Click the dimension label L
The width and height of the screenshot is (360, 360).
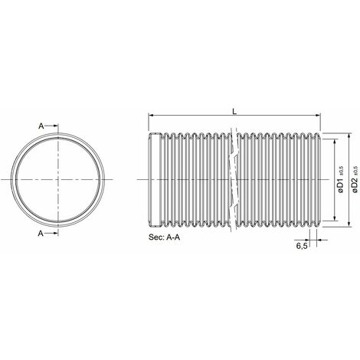(x=234, y=111)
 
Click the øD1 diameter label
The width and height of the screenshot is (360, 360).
(x=341, y=186)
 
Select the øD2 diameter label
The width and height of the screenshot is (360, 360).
(x=354, y=185)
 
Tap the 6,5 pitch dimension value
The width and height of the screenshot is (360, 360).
(x=301, y=246)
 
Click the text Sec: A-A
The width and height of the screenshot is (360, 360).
(x=165, y=237)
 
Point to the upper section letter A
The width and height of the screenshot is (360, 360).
(x=41, y=126)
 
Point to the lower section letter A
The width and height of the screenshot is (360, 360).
(x=41, y=234)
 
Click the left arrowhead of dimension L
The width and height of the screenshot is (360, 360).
(x=151, y=116)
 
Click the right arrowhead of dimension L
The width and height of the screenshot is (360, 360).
(x=318, y=116)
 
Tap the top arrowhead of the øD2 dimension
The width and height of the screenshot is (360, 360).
(x=349, y=136)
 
